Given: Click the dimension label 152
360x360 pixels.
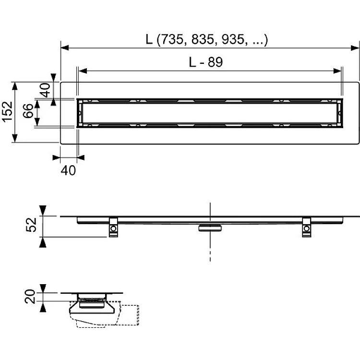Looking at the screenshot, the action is [7, 111].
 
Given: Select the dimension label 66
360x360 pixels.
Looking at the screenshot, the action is [28, 111].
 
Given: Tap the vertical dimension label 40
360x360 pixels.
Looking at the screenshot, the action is [45, 90].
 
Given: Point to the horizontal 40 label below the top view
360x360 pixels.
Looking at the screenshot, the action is [68, 170].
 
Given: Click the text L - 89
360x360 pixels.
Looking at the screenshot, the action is [206, 62].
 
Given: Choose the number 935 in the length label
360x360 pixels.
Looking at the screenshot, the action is [233, 39].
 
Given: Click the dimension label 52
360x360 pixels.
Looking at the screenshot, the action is [31, 225].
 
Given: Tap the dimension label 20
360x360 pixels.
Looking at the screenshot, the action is [30, 297].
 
